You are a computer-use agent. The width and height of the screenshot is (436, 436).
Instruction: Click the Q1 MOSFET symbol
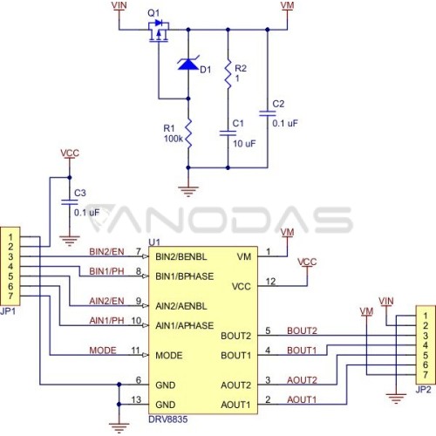[159, 31]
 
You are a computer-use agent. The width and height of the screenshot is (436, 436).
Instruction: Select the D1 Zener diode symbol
[188, 64]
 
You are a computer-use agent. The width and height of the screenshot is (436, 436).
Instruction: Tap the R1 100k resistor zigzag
[188, 133]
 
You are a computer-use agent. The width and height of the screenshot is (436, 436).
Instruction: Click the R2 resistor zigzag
[228, 74]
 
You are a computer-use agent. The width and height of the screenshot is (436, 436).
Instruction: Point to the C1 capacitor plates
[228, 133]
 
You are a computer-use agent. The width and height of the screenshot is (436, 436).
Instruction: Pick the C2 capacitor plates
[268, 113]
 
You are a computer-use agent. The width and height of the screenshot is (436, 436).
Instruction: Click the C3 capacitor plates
[70, 202]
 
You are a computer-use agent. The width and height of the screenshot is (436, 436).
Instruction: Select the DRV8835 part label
[168, 419]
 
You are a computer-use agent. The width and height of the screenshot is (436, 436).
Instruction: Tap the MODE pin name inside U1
[169, 355]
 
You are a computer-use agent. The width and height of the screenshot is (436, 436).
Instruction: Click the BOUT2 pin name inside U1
[235, 336]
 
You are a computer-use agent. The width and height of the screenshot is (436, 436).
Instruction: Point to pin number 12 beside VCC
[270, 282]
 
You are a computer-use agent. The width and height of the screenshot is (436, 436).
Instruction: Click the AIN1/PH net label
[106, 321]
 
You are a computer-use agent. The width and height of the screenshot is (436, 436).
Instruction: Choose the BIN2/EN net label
[106, 251]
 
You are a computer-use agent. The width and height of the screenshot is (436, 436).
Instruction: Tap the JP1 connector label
[8, 311]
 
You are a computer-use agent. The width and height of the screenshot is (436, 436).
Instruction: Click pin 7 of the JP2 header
[426, 375]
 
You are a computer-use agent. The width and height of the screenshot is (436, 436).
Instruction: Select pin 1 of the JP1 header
[10, 237]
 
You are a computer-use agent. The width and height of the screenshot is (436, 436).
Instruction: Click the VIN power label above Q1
[119, 5]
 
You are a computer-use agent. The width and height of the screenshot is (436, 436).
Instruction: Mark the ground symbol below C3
[70, 241]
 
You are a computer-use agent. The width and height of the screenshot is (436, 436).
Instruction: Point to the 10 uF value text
[244, 144]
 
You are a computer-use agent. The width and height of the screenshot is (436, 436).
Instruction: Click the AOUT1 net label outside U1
[302, 399]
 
